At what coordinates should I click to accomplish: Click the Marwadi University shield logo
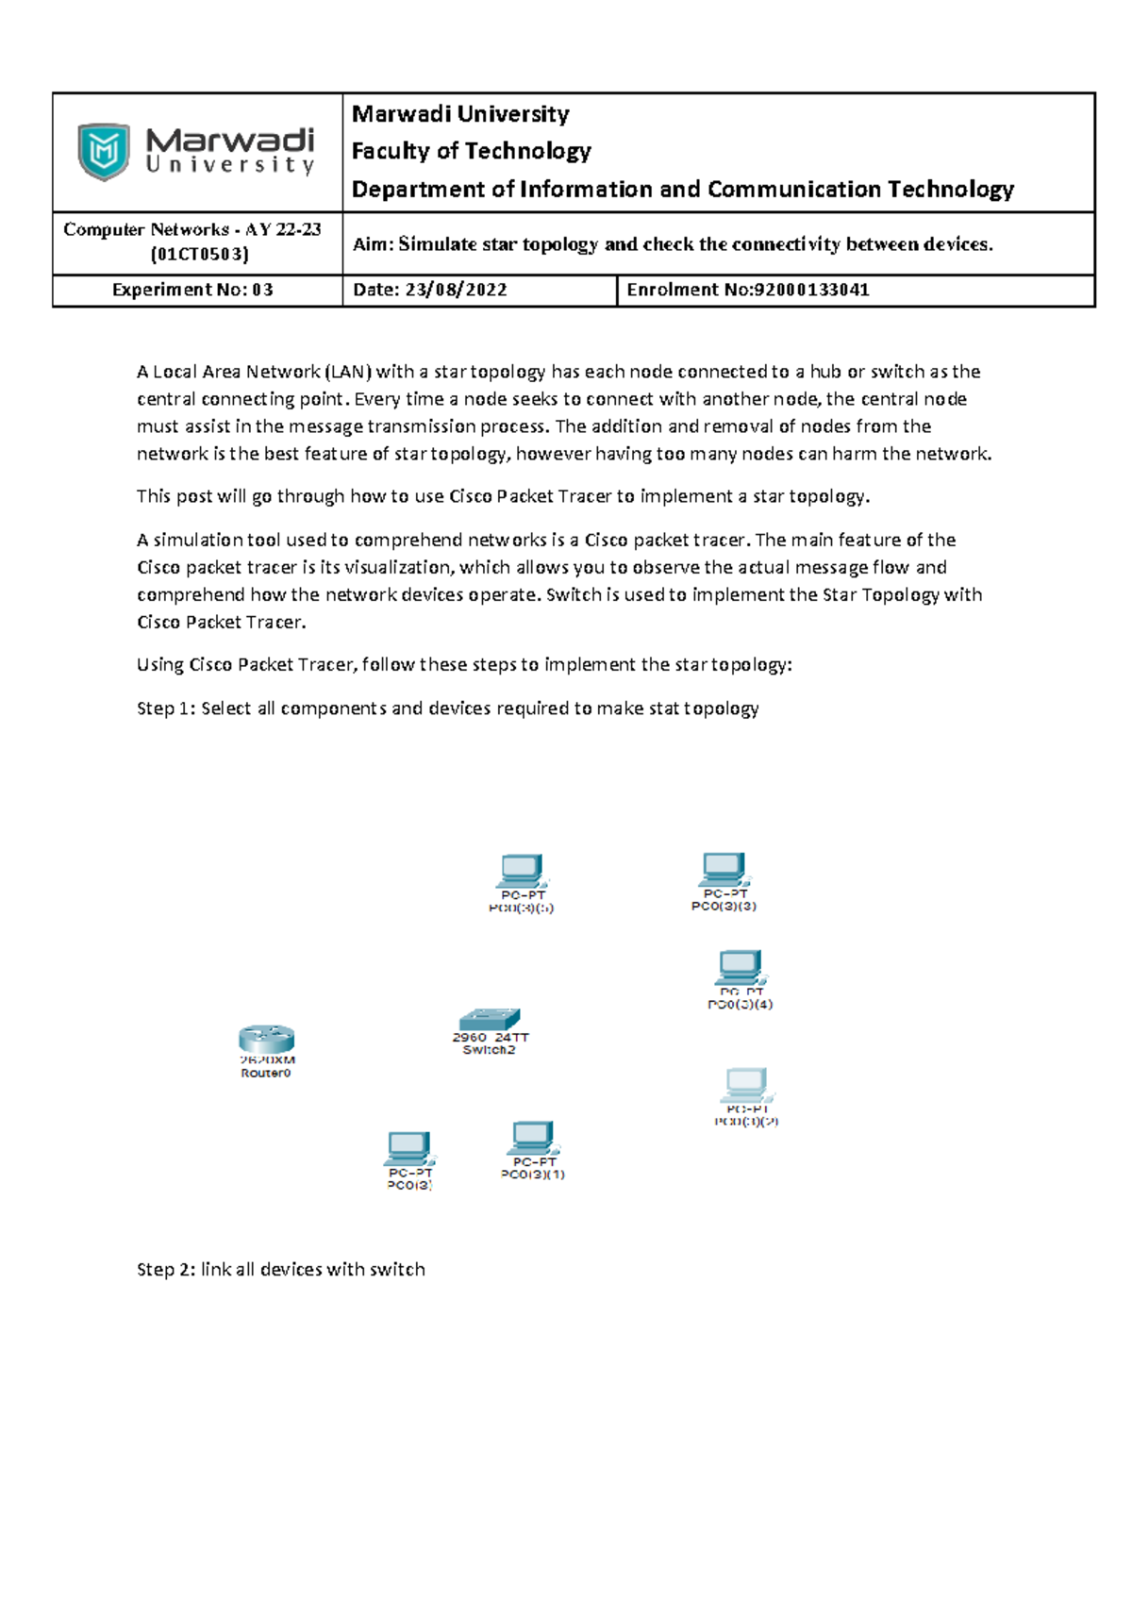tap(103, 151)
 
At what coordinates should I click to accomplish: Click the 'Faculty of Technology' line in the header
tap(471, 151)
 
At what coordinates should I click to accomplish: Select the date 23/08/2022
tap(456, 291)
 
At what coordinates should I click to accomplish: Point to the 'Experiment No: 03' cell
tap(192, 291)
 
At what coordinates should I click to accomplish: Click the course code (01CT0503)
tap(200, 254)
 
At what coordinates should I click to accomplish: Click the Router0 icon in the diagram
tap(266, 1039)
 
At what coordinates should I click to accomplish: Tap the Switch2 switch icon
tap(489, 1019)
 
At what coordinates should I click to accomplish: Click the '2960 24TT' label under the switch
tap(491, 1037)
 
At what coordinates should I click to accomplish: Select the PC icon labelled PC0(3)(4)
tap(740, 967)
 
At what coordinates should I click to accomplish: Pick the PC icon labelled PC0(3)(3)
tap(724, 868)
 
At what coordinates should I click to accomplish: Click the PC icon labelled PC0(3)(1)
tap(533, 1138)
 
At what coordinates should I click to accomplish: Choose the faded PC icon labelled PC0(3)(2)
tap(746, 1085)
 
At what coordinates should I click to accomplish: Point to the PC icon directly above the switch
tap(522, 870)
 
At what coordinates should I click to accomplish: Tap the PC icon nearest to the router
tap(408, 1148)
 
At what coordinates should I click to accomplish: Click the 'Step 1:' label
tap(166, 708)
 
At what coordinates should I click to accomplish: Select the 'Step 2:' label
tap(166, 1270)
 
